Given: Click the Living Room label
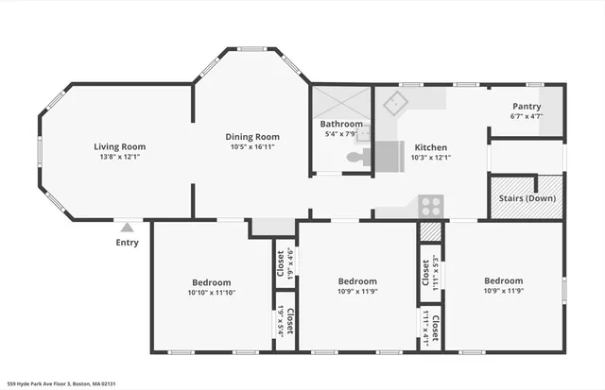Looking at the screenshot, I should pos(119,146).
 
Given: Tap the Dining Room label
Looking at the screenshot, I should pos(252,136).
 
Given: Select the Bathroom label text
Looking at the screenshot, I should pos(340,124).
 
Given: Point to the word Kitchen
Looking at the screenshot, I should pos(430,147).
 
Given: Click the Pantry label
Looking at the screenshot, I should pos(527,107).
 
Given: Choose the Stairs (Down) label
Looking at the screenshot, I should pos(527,199).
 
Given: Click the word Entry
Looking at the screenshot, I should pos(127,243).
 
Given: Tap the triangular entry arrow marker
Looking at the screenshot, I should pos(127,227).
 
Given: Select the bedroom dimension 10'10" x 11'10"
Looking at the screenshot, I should pos(212,293).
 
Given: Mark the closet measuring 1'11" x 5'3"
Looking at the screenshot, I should pos(427,267).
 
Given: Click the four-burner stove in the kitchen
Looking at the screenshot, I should pos(431,205).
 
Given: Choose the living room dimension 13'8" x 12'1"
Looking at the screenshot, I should pos(119,158).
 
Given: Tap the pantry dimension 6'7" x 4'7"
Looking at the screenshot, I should pos(527,117).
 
